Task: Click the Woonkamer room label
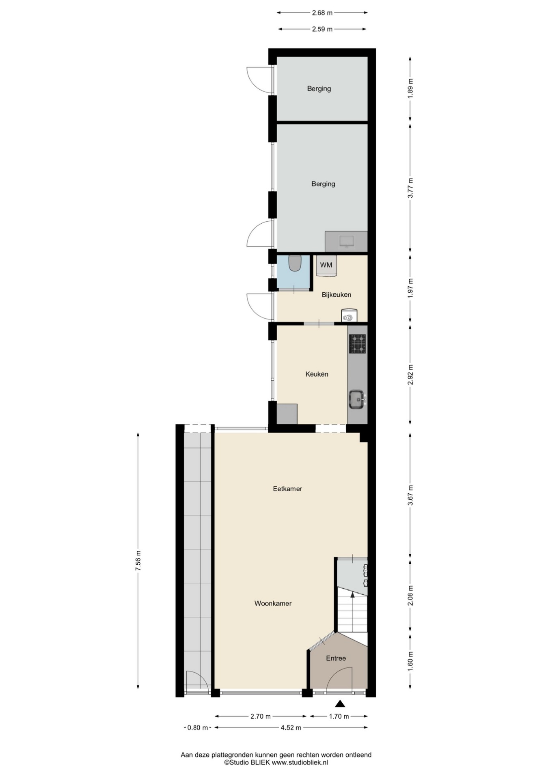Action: point(273,603)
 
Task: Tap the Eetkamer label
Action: point(287,489)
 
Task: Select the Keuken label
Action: point(317,374)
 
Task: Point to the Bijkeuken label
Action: point(337,295)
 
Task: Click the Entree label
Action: point(336,658)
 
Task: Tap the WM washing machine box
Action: point(326,266)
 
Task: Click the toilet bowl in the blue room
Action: point(295,263)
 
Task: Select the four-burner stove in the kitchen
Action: point(357,344)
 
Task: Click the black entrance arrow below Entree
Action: point(340,704)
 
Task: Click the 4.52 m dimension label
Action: point(291,728)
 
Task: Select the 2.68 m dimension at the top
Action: point(322,13)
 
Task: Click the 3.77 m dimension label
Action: point(410,188)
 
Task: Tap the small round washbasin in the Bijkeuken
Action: point(349,315)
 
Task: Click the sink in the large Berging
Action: point(346,241)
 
